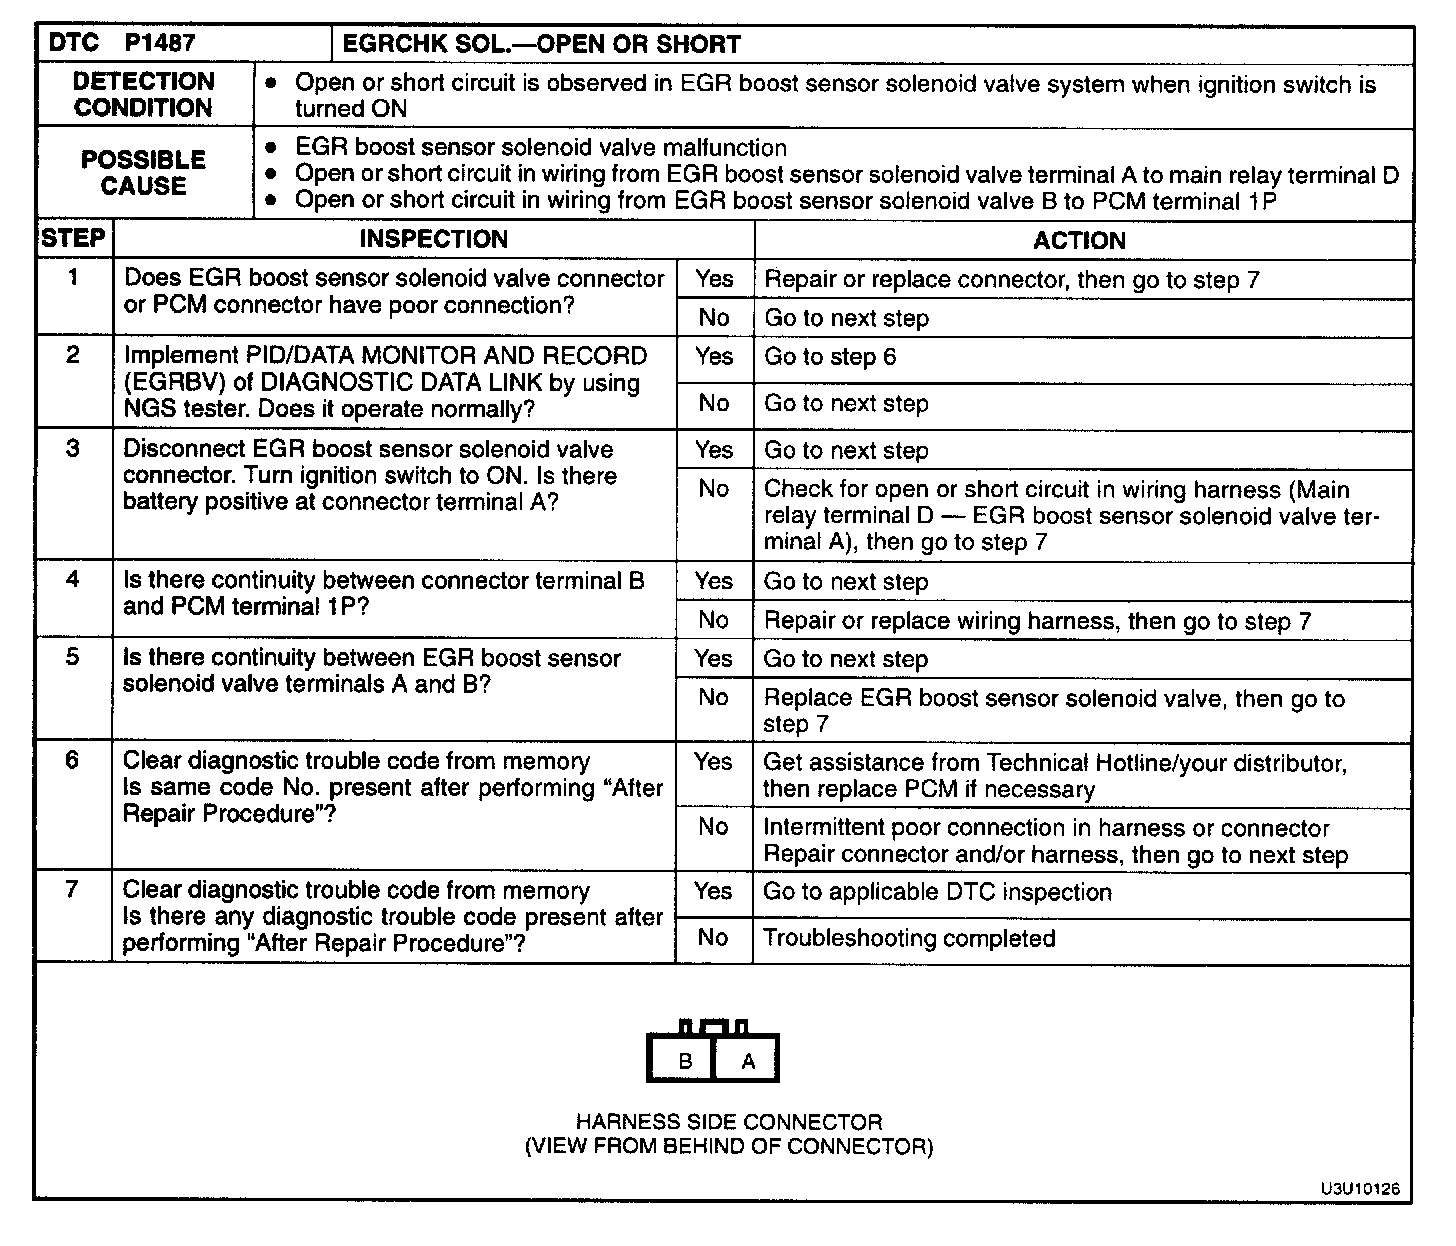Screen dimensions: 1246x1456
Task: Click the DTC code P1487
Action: coord(160,43)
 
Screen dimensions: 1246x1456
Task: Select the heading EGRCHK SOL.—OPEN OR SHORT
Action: coord(541,44)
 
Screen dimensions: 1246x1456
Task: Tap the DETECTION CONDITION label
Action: coord(144,95)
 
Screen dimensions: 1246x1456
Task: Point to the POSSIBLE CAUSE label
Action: coord(144,173)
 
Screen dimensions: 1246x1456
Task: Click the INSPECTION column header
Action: coord(434,239)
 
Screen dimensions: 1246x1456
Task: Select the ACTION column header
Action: coord(1079,240)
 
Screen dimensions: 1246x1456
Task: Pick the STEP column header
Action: coord(73,239)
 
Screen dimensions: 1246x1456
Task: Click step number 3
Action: coord(73,448)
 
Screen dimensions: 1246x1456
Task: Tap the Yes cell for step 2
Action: coord(714,356)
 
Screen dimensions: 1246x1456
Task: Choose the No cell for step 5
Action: coord(713,697)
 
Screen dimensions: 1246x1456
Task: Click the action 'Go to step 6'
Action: coord(830,357)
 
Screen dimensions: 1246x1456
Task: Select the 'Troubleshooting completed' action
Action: coord(909,938)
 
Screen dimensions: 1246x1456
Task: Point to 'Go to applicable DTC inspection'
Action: coord(937,892)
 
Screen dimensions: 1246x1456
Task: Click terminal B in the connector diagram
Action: coord(685,1061)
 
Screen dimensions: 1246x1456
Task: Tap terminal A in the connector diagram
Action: coord(747,1061)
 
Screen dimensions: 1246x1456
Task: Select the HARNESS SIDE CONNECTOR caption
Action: coord(729,1122)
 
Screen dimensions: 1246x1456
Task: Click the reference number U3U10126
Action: coord(1359,1188)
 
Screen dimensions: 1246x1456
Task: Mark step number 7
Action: coord(72,889)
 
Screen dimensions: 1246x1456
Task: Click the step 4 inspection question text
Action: coord(384,594)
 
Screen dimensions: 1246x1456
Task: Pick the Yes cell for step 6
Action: coord(713,762)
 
